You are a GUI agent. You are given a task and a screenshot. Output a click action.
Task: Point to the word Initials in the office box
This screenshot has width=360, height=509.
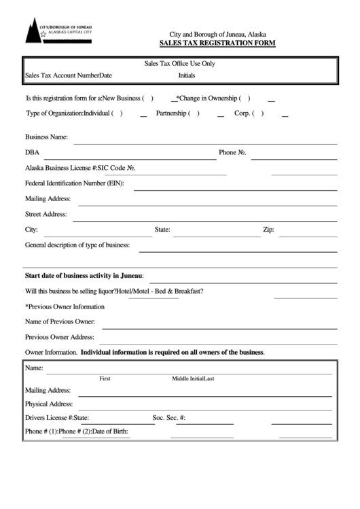pyautogui.click(x=187, y=75)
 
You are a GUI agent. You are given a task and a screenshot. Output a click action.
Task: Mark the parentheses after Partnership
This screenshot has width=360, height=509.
pyautogui.click(x=194, y=113)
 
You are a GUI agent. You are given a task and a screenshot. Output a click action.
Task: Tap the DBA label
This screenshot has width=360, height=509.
pyautogui.click(x=31, y=152)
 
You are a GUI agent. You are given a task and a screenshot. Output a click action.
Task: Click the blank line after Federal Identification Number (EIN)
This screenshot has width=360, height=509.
pyautogui.click(x=234, y=190)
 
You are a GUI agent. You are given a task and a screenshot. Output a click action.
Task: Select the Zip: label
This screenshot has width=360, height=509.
pyautogui.click(x=268, y=230)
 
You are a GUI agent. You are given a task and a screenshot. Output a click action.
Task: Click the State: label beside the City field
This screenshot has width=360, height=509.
pyautogui.click(x=162, y=230)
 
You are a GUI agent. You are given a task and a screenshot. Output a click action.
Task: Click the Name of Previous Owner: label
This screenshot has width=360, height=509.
pyautogui.click(x=60, y=321)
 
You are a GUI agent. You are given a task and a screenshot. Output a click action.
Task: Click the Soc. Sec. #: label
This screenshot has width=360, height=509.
pyautogui.click(x=169, y=418)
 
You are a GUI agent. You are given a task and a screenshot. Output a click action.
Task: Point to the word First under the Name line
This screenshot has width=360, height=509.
pyautogui.click(x=105, y=379)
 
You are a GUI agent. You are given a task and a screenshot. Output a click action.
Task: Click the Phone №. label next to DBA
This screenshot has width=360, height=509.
pyautogui.click(x=232, y=152)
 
